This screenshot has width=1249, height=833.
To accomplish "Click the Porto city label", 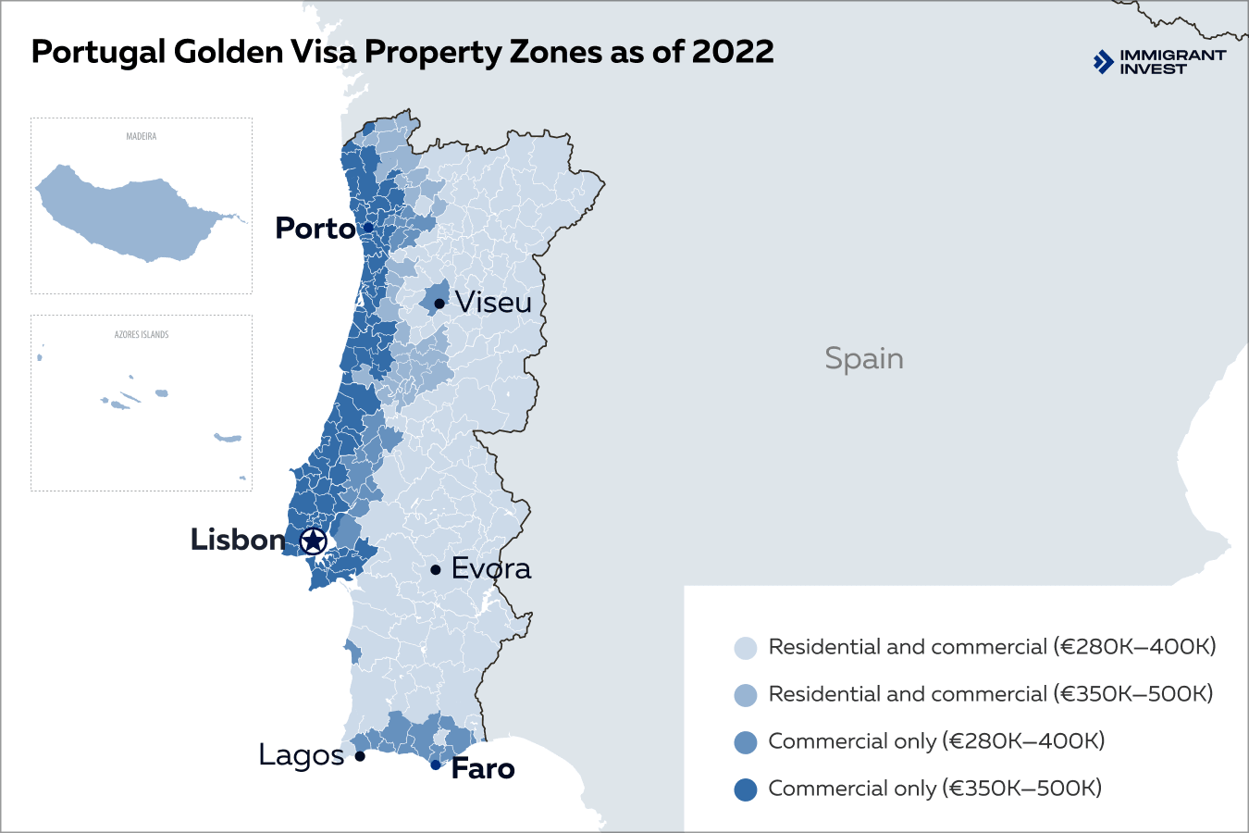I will point(315,228).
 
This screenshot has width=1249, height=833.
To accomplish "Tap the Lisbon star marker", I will point(314,541).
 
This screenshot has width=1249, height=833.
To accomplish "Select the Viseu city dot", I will point(439,304).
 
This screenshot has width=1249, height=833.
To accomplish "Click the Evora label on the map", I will point(490,568).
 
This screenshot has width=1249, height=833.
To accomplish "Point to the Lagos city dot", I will point(360,756).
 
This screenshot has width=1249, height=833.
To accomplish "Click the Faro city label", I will point(482,769).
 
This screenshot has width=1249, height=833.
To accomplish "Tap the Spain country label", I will point(863,358).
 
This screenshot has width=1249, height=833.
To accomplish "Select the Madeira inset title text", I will point(142,136).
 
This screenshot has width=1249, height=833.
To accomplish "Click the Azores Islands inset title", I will point(142,334).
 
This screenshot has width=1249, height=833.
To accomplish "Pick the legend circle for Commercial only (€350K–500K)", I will point(745,789).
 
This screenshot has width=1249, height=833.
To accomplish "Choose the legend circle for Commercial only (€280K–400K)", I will point(745,742).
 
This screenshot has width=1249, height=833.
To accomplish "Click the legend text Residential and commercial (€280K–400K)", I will point(991,647).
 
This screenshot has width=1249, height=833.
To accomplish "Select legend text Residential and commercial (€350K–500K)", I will point(990,694).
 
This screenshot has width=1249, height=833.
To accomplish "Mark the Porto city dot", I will point(368,228).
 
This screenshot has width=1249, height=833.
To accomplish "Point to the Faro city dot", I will point(435,765).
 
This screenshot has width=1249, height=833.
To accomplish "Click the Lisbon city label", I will point(237,540).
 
